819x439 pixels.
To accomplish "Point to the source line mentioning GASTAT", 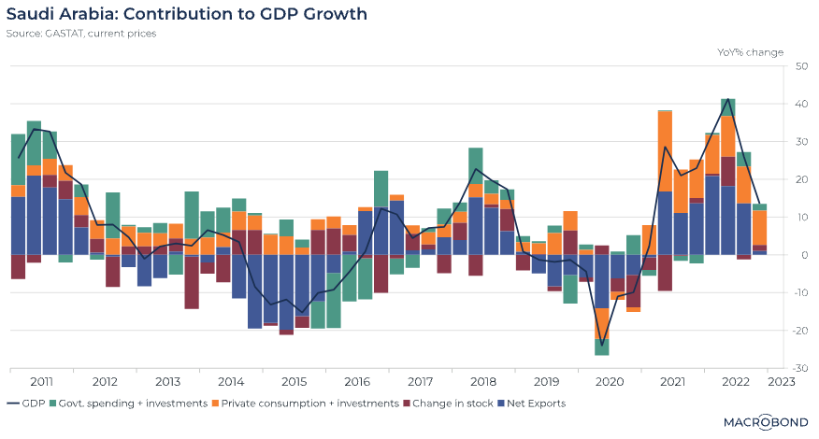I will (x=80, y=34).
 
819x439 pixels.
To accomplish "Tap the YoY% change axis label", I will (x=751, y=52).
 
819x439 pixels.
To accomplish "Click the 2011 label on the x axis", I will (x=41, y=381).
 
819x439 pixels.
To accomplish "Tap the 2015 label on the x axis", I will (x=295, y=381).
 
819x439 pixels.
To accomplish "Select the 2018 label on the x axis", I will (x=483, y=381).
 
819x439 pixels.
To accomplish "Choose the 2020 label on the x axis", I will (x=610, y=381).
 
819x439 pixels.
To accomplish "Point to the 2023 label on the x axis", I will (x=782, y=381).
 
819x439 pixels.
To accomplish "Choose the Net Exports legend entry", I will (x=535, y=404).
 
